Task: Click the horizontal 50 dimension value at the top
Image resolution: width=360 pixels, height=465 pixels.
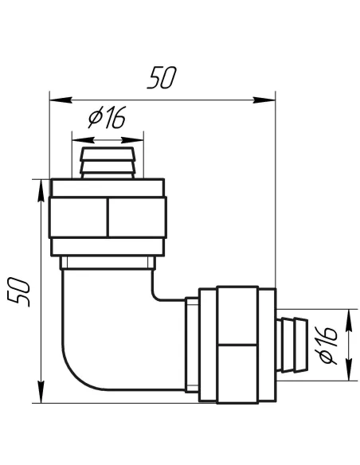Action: (x=161, y=79)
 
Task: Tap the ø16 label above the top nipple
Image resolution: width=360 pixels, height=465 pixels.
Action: (x=107, y=119)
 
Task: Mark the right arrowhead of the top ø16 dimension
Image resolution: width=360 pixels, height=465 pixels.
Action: (x=138, y=134)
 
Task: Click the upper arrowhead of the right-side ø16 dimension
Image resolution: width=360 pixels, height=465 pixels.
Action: (x=348, y=316)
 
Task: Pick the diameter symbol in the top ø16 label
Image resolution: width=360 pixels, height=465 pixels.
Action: (x=94, y=119)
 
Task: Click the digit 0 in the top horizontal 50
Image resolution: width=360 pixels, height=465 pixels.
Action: (x=169, y=79)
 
